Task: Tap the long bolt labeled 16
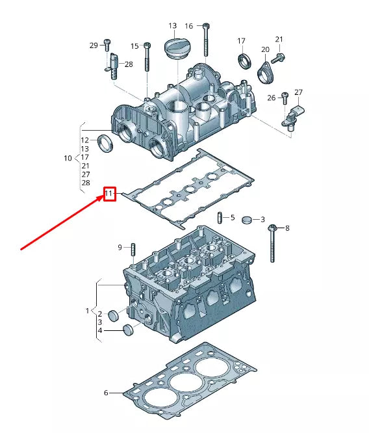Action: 206,39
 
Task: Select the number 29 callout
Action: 93,45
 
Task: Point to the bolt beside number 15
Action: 147,57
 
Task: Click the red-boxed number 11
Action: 109,194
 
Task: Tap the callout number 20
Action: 265,49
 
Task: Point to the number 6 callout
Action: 106,393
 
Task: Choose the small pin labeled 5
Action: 220,217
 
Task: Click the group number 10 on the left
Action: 68,158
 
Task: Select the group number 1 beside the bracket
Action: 87,311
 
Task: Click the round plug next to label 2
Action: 114,316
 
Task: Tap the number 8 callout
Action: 287,228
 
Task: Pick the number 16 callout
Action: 189,26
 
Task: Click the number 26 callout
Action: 272,98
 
